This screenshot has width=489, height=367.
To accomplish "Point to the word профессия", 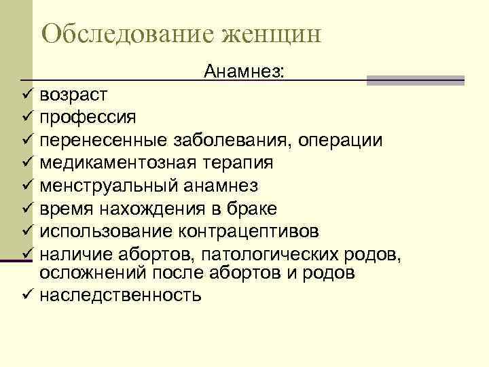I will click(88, 117).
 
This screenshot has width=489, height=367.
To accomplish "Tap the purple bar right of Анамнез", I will click(415, 80).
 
